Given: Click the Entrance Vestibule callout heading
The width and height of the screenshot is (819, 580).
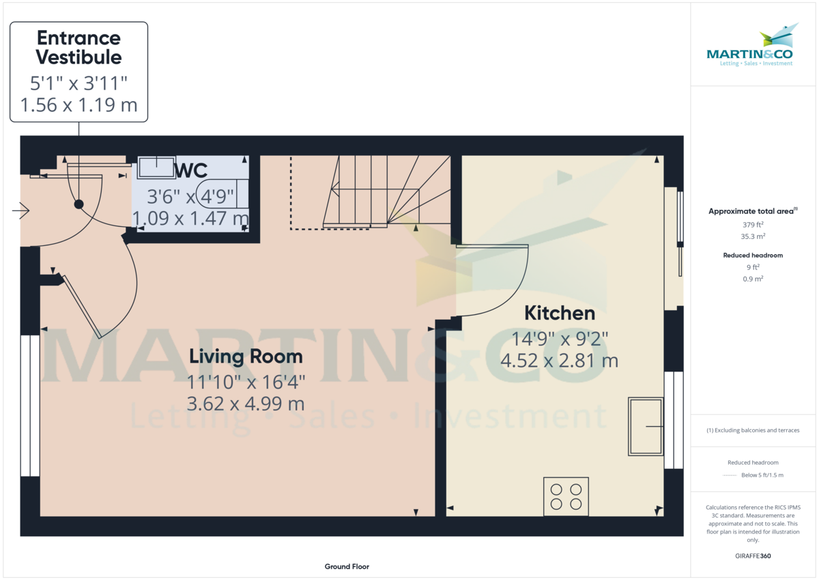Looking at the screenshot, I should [78, 47].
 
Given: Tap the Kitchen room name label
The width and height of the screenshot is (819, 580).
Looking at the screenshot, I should [559, 313].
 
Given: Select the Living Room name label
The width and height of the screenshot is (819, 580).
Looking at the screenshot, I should [246, 356].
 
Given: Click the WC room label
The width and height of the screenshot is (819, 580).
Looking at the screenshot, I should [191, 170].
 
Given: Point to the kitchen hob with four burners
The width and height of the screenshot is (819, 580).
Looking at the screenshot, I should [566, 497].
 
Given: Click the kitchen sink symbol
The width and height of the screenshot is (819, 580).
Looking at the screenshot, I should [646, 426].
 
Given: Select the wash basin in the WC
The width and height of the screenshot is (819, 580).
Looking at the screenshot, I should [157, 167].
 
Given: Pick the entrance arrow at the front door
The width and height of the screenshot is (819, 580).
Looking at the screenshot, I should [21, 212].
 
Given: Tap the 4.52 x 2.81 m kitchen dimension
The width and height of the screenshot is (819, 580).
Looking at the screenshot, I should [559, 360].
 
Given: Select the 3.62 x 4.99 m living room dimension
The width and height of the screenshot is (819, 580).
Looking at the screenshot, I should [246, 403].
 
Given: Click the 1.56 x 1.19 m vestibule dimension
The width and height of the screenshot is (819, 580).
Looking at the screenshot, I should [78, 105].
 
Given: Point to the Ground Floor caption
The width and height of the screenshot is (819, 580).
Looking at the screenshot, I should [347, 566].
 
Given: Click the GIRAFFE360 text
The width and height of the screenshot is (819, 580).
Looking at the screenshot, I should [753, 556].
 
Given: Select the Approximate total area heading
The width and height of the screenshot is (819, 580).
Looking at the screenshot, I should [752, 212].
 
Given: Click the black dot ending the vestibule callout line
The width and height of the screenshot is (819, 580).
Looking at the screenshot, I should [78, 204].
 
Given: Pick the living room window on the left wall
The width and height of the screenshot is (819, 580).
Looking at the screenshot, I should [30, 405].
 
